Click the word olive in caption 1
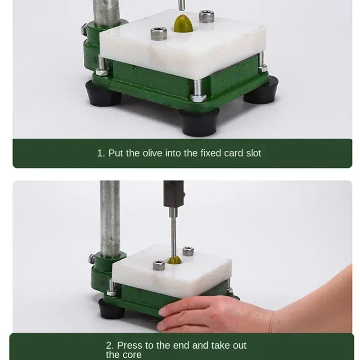154,153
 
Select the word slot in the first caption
253,153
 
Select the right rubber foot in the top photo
261,92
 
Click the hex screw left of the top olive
159,33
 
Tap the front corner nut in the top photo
198,97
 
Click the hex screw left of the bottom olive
158,265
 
